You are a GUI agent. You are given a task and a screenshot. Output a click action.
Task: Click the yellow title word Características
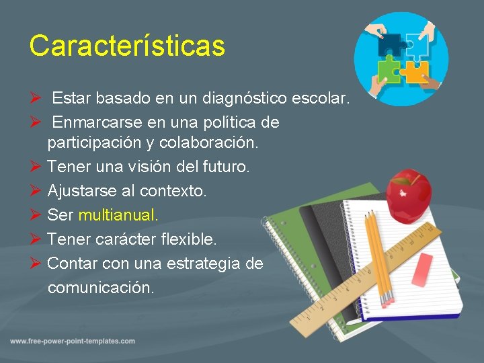[x=126, y=46]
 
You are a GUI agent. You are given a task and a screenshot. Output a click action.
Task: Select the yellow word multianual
[x=118, y=215]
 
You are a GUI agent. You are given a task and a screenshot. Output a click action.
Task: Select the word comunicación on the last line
[x=101, y=288]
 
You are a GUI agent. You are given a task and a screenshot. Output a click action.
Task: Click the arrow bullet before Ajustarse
[x=36, y=191]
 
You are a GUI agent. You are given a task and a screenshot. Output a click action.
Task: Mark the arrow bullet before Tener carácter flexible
[x=36, y=239]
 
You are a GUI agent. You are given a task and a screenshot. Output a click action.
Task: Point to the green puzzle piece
[x=388, y=67]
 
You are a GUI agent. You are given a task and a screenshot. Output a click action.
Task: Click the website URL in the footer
[x=73, y=341]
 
